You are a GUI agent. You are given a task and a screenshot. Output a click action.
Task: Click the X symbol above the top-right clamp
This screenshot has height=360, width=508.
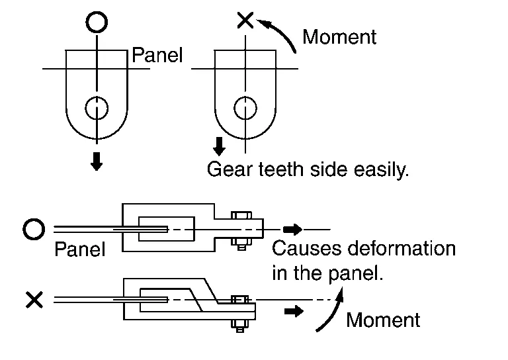pyautogui.click(x=245, y=20)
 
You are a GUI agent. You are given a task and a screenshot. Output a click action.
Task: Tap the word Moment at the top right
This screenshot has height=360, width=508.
pyautogui.click(x=339, y=37)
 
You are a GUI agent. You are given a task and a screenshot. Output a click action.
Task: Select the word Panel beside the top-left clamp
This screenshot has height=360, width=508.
pyautogui.click(x=157, y=55)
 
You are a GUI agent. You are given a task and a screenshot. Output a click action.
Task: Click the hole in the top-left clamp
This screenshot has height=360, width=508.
pyautogui.click(x=97, y=106)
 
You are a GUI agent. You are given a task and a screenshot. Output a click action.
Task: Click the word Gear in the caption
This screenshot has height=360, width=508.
pyautogui.click(x=228, y=170)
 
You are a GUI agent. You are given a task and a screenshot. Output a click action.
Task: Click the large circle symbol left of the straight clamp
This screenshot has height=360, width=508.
pyautogui.click(x=34, y=230)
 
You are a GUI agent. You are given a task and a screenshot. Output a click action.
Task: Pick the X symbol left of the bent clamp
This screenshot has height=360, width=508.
pyautogui.click(x=34, y=301)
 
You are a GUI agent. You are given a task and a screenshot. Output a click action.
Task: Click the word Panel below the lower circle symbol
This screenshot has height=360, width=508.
pyautogui.click(x=79, y=249)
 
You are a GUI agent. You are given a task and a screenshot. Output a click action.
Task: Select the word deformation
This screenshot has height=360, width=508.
pyautogui.click(x=403, y=249)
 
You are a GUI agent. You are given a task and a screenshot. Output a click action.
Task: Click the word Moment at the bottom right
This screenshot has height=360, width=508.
pyautogui.click(x=383, y=320)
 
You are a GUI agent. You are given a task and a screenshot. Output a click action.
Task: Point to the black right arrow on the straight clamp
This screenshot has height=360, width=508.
pyautogui.click(x=294, y=230)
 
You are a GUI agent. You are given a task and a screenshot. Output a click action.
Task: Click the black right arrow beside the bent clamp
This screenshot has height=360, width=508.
pyautogui.click(x=294, y=310)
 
